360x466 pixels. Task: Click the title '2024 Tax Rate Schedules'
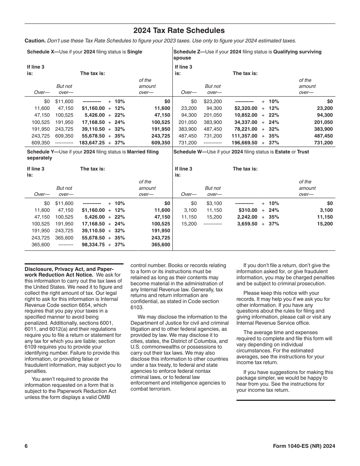pyautogui.click(x=179, y=31)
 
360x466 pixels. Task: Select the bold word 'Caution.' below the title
pyautogui.click(x=35, y=41)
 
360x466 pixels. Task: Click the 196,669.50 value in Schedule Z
pyautogui.click(x=244, y=143)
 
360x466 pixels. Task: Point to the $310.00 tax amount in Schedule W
pyautogui.click(x=248, y=210)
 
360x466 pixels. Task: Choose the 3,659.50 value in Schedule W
pyautogui.click(x=247, y=224)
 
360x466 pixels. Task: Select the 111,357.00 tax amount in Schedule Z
pyautogui.click(x=244, y=136)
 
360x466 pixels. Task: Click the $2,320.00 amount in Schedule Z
pyautogui.click(x=246, y=108)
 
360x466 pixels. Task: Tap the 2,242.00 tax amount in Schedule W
pyautogui.click(x=247, y=217)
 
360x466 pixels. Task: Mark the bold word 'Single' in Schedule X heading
pyautogui.click(x=135, y=52)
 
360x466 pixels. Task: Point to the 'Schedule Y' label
pyautogui.click(x=41, y=152)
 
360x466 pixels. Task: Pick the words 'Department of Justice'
pyautogui.click(x=156, y=323)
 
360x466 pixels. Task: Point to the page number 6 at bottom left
pyautogui.click(x=26, y=446)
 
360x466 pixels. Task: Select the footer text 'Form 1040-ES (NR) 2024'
pyautogui.click(x=304, y=446)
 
